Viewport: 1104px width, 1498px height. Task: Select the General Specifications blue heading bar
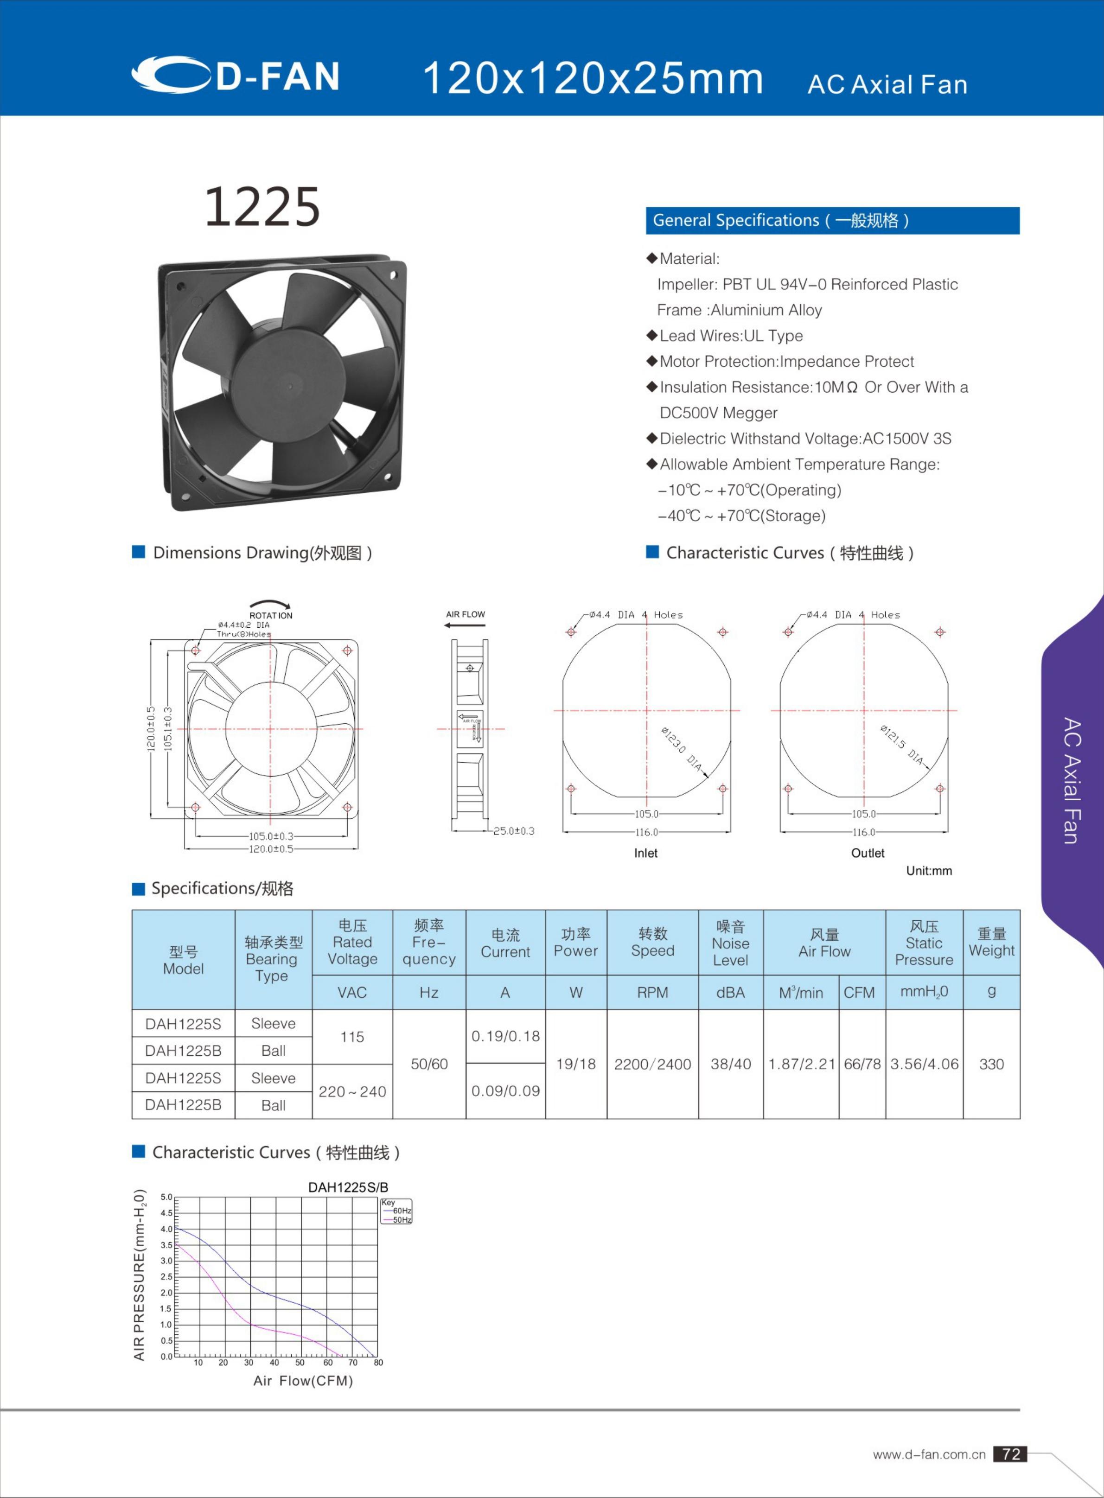832,221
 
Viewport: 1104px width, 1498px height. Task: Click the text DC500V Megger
718,413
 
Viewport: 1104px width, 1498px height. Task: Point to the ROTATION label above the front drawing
271,615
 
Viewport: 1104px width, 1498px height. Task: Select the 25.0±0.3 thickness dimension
513,831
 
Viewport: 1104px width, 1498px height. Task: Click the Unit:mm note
928,871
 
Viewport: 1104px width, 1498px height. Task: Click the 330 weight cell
991,1064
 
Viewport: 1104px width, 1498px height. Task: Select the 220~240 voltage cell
352,1091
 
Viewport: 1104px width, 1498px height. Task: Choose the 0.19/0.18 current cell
505,1036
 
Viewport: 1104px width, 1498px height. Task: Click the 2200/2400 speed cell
652,1064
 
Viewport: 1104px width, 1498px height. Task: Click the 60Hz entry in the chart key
401,1211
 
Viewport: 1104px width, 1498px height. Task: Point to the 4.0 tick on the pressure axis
166,1229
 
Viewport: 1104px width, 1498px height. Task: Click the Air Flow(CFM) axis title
303,1380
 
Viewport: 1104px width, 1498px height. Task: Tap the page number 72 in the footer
1010,1454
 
